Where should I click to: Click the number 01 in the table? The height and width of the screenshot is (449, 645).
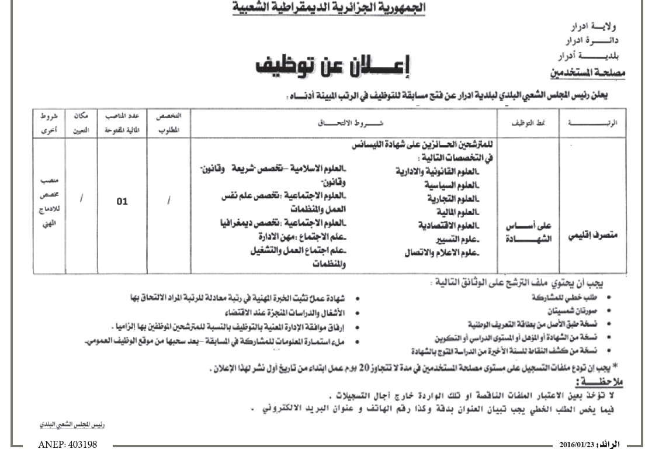click(x=122, y=202)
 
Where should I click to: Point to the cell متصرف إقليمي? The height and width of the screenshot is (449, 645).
click(x=593, y=237)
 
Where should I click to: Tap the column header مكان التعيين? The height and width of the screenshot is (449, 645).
click(x=81, y=124)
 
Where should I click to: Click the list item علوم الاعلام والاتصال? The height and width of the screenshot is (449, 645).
click(x=441, y=253)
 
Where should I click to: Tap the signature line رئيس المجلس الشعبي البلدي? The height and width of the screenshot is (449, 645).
click(x=58, y=422)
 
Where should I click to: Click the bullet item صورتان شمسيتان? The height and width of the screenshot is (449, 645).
click(x=575, y=310)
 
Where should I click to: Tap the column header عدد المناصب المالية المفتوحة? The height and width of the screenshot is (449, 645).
click(x=122, y=124)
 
